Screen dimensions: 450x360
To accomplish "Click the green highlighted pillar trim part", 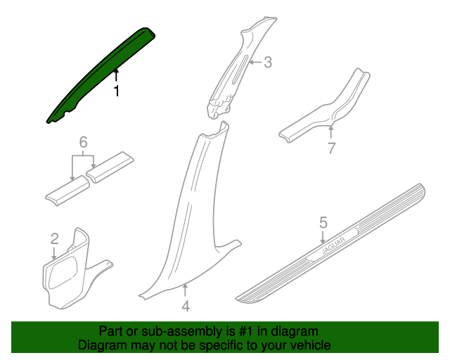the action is [101, 75].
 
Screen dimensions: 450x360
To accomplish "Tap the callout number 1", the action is [116, 91].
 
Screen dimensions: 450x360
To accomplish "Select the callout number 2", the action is [55, 239].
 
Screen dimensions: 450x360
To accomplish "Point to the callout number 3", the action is [267, 63].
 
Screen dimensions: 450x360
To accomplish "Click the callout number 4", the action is [186, 307].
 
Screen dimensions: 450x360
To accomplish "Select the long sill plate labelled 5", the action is [330, 244].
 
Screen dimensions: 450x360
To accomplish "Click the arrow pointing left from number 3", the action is [255, 62].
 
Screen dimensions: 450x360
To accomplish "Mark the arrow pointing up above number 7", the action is [331, 133].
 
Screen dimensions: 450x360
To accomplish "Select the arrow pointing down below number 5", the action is [323, 238].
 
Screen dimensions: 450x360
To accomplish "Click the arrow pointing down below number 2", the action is [53, 253].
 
